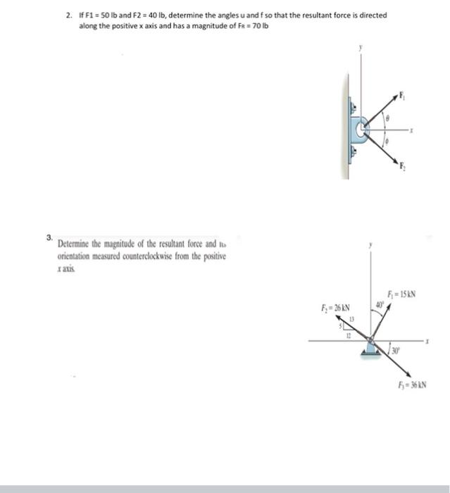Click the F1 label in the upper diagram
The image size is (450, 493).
[403, 94]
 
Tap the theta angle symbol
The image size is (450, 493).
[387, 120]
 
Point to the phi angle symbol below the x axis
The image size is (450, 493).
[385, 141]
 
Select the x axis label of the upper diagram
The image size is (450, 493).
[418, 131]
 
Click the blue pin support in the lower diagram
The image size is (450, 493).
[370, 348]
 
